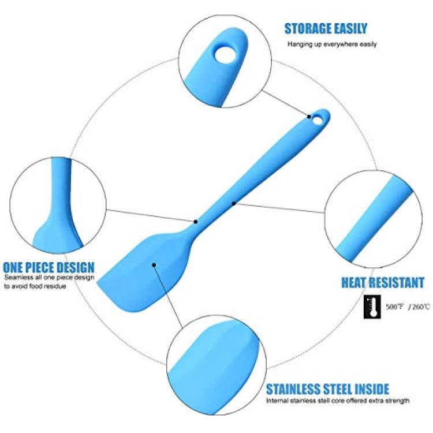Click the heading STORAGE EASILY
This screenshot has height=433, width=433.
coord(326,29)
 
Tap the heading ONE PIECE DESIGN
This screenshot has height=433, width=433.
coord(48,267)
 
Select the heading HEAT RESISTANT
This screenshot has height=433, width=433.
coord(383,282)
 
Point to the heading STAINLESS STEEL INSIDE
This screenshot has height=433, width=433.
coord(327,389)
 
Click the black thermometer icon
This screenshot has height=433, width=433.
coord(372,307)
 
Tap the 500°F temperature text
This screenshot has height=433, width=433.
coord(395,307)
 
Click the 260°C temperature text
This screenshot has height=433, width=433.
coord(420,307)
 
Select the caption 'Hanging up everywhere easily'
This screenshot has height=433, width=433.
coord(332,44)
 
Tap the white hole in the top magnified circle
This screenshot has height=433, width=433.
coord(225,54)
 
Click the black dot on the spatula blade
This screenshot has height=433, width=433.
coord(154,265)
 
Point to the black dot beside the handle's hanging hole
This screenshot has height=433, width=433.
coord(309,117)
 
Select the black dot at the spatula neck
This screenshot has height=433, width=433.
coord(196,222)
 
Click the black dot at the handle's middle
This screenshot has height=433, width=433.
coord(234,204)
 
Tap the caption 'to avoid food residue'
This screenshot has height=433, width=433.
coord(35,286)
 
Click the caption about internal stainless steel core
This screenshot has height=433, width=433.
coord(338,401)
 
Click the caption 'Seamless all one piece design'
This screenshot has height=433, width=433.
coord(49,277)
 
